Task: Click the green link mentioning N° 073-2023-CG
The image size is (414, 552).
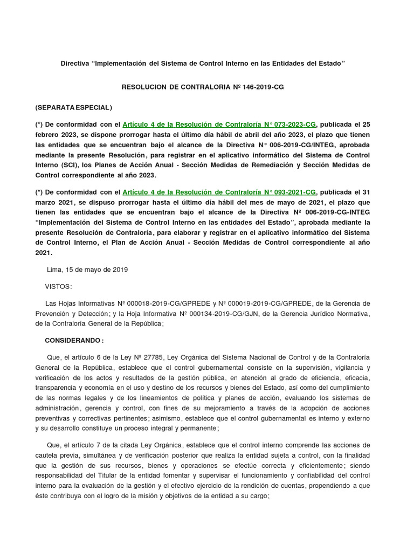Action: click(220, 124)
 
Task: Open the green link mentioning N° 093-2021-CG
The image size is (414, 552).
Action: click(220, 192)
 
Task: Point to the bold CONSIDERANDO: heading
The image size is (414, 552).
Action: click(74, 341)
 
